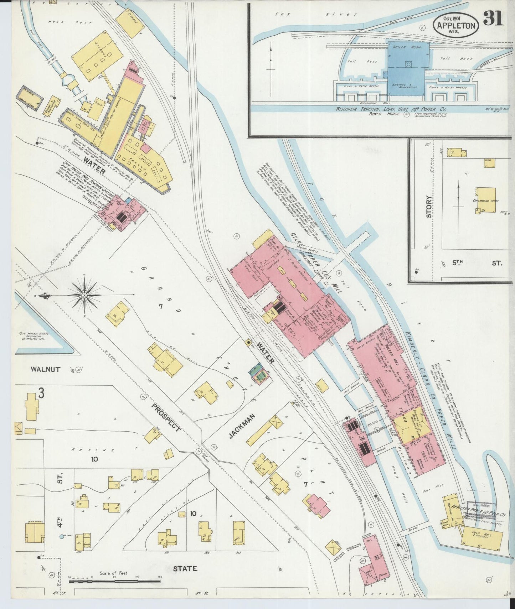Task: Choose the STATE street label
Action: [x=185, y=568]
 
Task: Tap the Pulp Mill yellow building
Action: [x=482, y=535]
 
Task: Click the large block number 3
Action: [x=41, y=394]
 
